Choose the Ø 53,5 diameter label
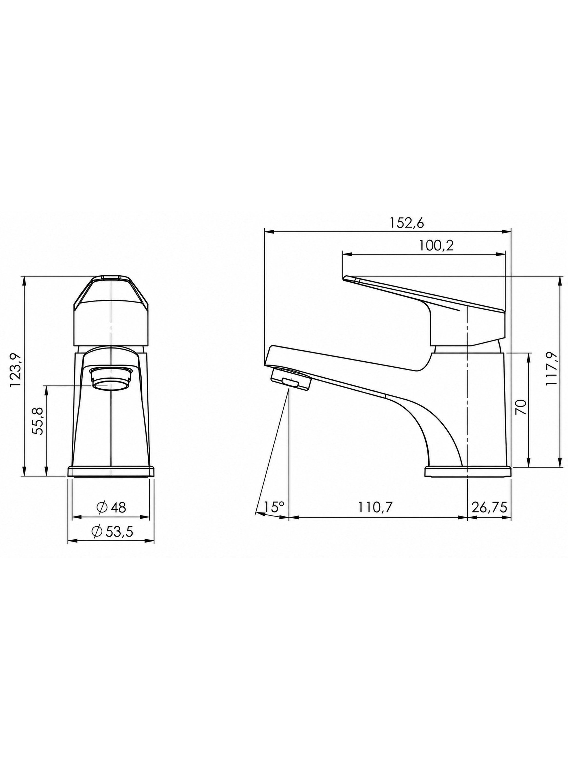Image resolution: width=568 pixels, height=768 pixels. [112, 532]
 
